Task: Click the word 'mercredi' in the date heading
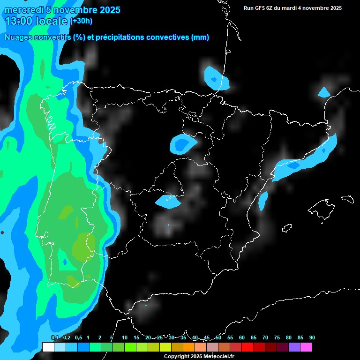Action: point(21,10)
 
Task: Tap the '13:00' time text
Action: point(19,21)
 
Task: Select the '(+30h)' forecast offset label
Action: point(82,21)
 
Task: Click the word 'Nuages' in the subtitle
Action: point(19,37)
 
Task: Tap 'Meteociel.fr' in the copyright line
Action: point(217,357)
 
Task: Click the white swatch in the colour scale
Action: point(48,347)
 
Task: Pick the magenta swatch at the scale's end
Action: point(306,347)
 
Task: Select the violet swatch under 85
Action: point(294,347)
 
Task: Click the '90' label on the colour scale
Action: point(312,337)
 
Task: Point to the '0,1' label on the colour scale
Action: point(54,337)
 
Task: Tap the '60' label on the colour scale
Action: point(242,337)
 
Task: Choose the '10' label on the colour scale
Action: point(125,337)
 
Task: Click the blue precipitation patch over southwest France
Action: point(216,78)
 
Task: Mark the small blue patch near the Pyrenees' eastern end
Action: point(324,92)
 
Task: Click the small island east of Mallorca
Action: point(347,199)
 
